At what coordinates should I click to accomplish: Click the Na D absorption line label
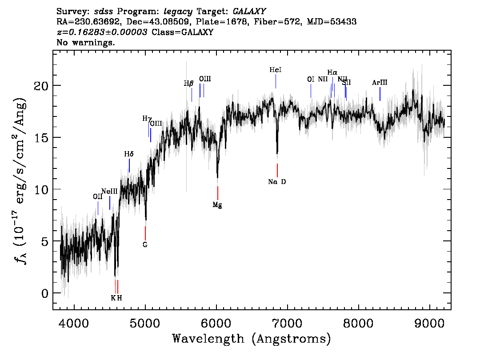(277, 182)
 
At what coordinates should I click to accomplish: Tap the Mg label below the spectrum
(217, 205)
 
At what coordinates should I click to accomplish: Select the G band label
(145, 244)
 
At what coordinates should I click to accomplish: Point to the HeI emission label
(276, 70)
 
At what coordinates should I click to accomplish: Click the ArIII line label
(380, 83)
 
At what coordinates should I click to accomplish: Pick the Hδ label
(129, 154)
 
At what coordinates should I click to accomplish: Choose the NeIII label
(109, 191)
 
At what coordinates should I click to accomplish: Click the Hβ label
(189, 83)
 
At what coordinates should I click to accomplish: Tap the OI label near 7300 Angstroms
(311, 80)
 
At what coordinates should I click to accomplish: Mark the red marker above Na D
(277, 170)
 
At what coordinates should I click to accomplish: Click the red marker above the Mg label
(218, 193)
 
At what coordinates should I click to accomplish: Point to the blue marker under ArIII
(380, 94)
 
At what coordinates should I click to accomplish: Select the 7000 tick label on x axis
(288, 322)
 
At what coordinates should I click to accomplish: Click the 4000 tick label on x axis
(74, 322)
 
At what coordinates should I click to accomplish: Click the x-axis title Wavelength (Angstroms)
(252, 339)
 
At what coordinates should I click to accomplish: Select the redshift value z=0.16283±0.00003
(102, 32)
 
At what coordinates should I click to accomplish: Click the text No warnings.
(86, 43)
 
